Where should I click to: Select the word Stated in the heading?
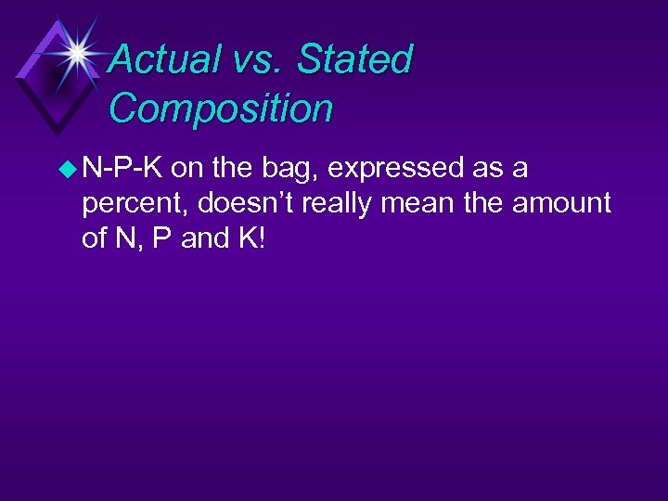[355, 59]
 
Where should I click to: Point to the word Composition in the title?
[221, 108]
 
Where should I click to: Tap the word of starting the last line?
[96, 238]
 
